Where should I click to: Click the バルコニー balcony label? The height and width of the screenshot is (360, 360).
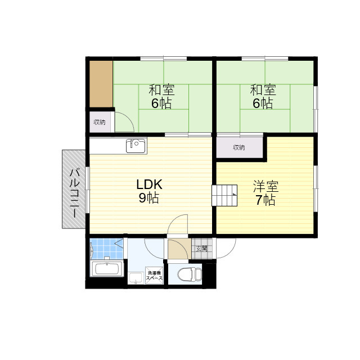click(x=74, y=188)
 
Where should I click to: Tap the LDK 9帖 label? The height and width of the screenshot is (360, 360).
click(x=149, y=191)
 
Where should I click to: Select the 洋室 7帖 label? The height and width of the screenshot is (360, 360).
click(x=265, y=193)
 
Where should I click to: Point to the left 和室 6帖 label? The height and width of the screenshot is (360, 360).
click(x=161, y=96)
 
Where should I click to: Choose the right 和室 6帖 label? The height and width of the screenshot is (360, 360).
click(x=262, y=96)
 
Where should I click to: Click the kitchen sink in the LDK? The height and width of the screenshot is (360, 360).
click(x=136, y=146)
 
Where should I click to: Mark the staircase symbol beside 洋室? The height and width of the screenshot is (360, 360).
click(x=226, y=195)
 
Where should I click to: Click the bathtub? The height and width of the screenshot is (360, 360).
click(x=107, y=268)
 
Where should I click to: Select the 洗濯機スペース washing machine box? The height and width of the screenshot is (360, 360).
click(x=154, y=276)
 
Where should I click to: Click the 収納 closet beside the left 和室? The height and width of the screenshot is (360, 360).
click(x=100, y=122)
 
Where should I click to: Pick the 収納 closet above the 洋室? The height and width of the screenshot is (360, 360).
click(x=239, y=147)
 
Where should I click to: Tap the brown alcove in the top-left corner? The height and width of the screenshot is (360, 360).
click(x=101, y=83)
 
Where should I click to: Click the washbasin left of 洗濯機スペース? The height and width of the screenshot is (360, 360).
click(x=135, y=278)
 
